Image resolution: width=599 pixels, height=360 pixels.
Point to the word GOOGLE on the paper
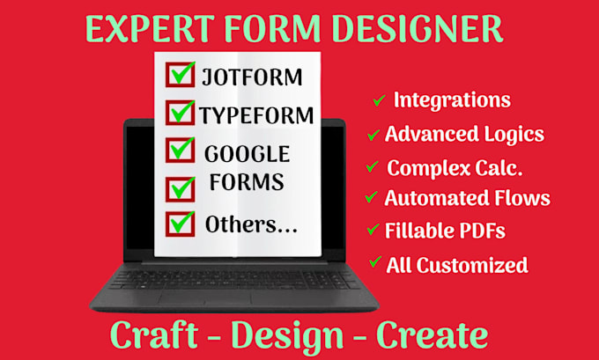(x=248, y=154)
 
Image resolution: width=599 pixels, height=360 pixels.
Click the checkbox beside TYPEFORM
(x=181, y=113)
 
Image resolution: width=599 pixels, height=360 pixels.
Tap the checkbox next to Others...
(x=181, y=224)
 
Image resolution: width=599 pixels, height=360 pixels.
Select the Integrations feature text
(x=452, y=99)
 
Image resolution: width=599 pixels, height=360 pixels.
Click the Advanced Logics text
(x=464, y=135)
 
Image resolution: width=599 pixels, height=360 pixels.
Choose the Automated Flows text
(x=467, y=198)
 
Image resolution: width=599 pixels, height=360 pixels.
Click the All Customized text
(x=457, y=264)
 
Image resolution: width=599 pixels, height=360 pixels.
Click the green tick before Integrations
(x=379, y=100)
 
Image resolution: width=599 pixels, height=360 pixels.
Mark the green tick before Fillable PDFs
(x=373, y=231)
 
